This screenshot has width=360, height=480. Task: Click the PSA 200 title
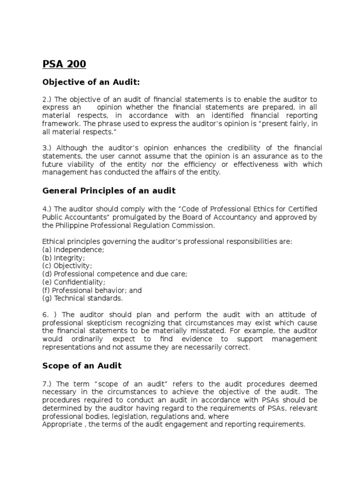click(x=64, y=64)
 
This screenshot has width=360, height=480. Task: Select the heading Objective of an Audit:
click(x=91, y=82)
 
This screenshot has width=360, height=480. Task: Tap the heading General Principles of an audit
click(x=109, y=190)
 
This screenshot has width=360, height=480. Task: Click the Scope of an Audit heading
click(x=82, y=365)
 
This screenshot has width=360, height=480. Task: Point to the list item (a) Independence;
click(x=74, y=250)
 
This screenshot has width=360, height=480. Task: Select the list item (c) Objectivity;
click(x=67, y=266)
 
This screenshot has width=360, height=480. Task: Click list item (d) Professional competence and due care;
click(x=115, y=274)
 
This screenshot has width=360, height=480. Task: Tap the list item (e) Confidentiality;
click(x=74, y=282)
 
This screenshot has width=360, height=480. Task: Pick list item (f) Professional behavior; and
click(x=92, y=290)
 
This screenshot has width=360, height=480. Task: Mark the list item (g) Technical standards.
click(x=82, y=298)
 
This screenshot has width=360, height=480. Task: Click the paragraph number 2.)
click(x=47, y=99)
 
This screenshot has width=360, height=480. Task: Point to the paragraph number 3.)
click(x=47, y=148)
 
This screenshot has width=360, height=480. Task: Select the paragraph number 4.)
click(x=47, y=209)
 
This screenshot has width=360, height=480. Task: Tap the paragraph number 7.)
click(x=47, y=384)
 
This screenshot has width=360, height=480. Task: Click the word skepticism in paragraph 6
click(x=97, y=322)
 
